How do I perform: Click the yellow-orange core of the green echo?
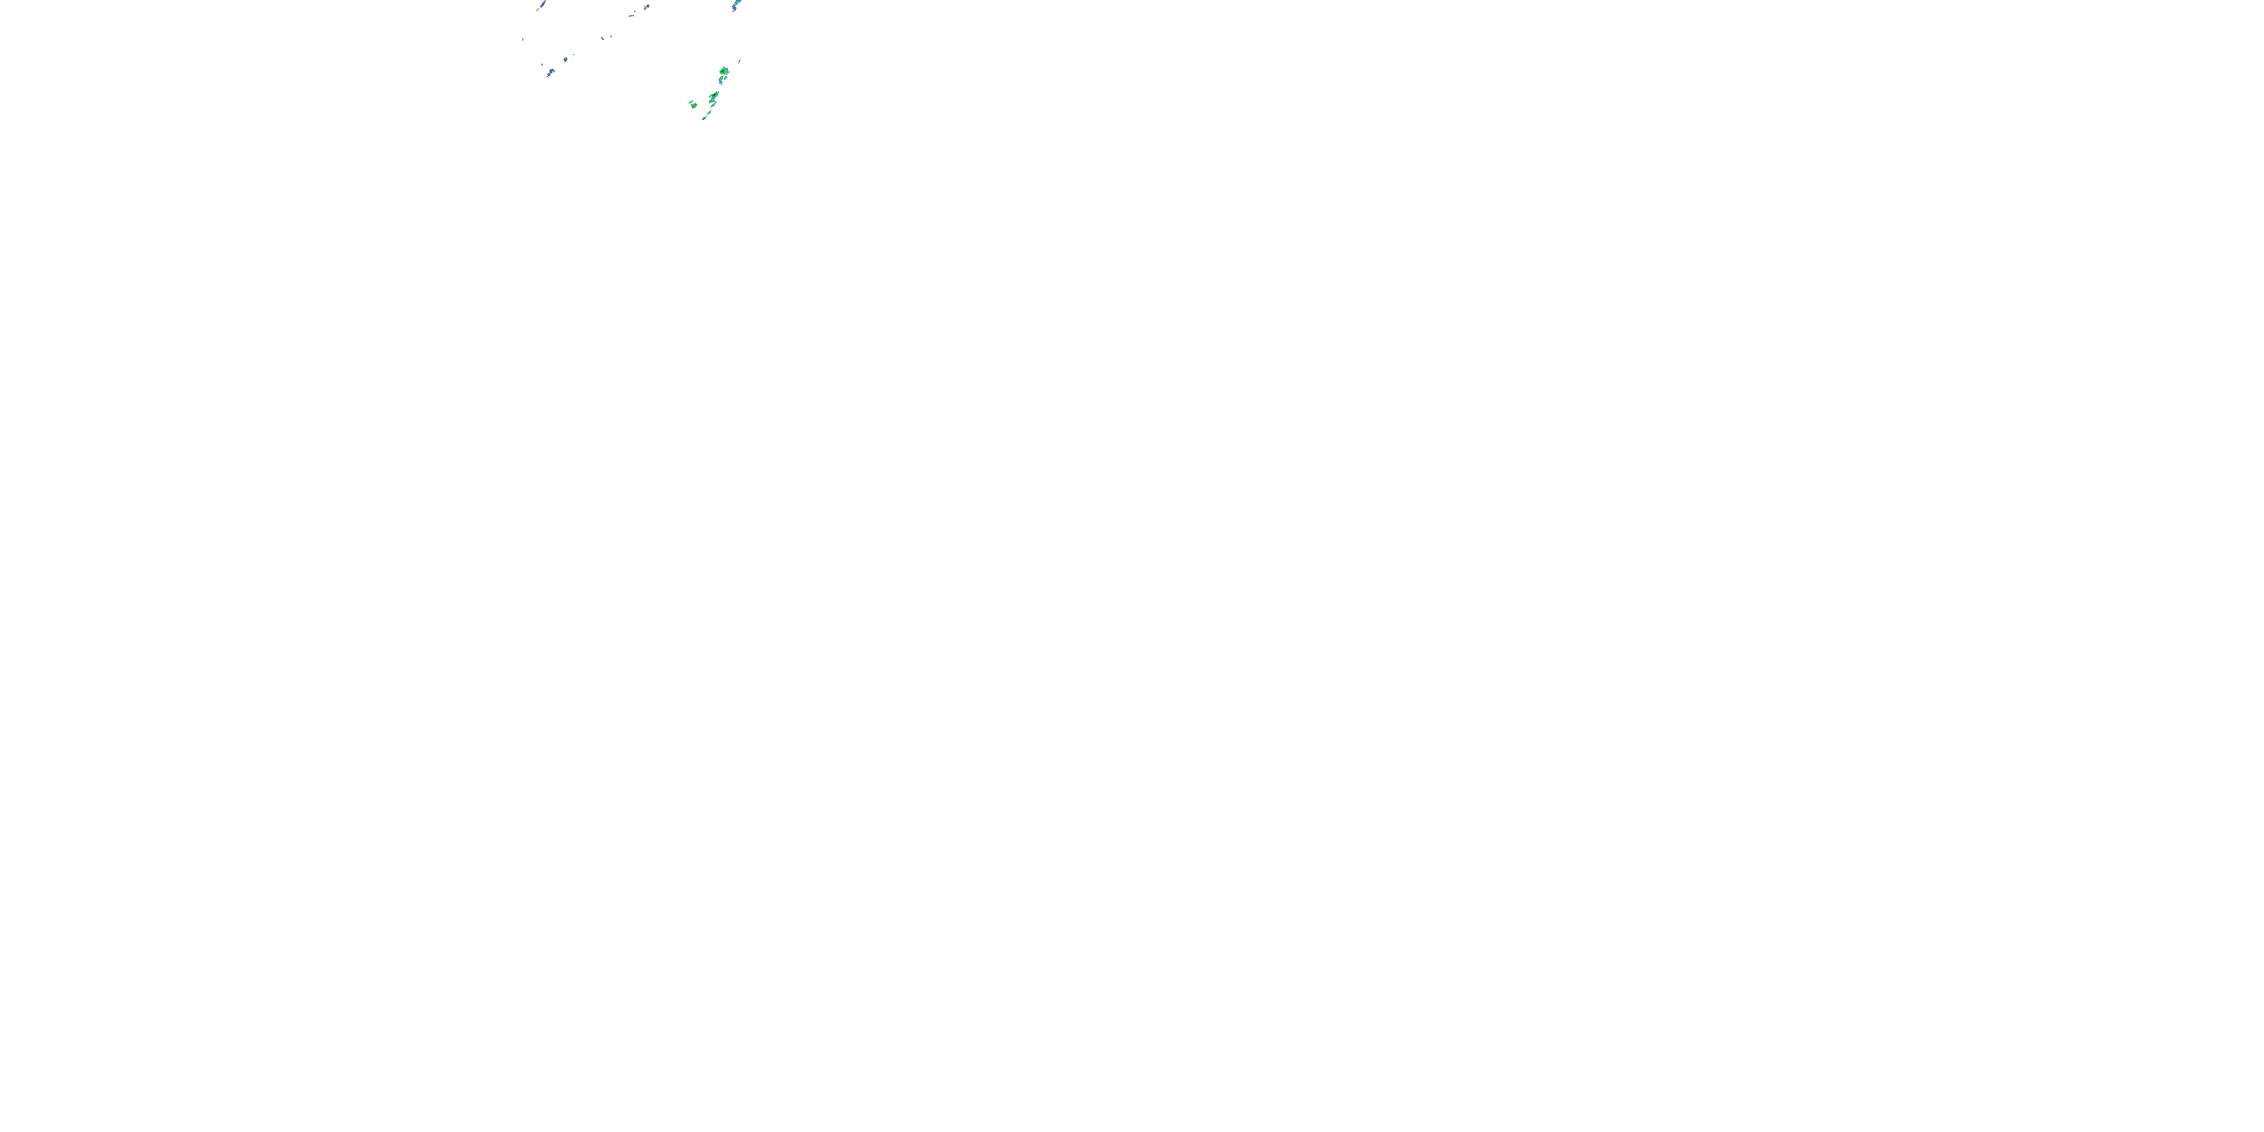694,106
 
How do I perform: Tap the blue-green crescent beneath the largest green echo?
721,80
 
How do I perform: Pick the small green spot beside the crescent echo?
726,78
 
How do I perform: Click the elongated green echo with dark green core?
715,95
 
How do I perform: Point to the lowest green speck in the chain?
704,118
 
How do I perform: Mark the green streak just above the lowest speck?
709,112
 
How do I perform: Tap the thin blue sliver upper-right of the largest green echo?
739,62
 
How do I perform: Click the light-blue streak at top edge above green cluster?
737,5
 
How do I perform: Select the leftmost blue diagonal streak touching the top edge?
543,5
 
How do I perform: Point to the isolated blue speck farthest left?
523,39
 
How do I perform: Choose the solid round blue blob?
566,60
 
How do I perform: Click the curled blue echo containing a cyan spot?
551,73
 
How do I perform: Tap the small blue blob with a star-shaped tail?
648,7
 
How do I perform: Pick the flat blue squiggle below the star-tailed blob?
632,16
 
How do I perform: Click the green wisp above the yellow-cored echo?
692,102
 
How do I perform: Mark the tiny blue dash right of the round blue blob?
574,54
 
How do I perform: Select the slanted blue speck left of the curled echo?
543,64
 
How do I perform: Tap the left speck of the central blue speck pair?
603,38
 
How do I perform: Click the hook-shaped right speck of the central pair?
612,36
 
